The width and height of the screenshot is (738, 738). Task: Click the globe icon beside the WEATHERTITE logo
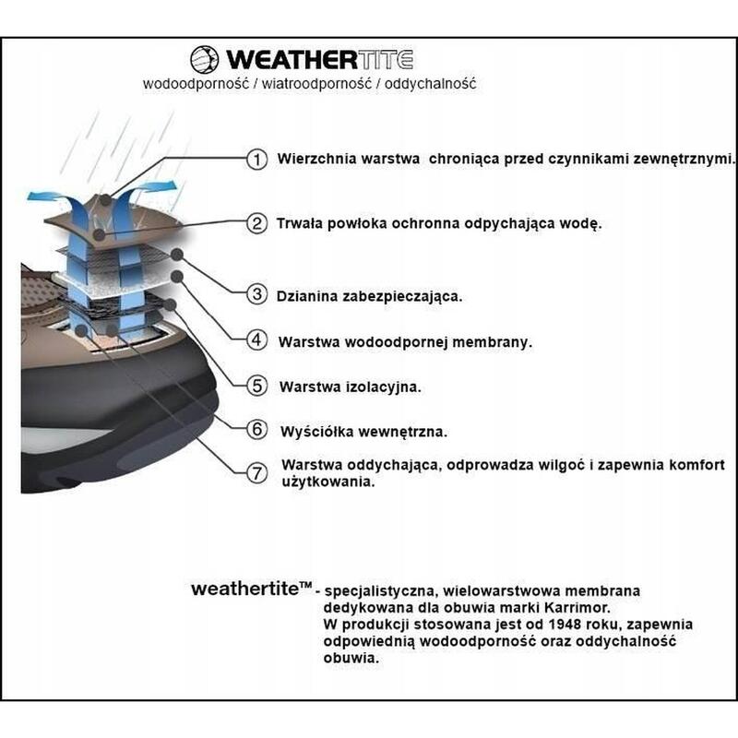[204, 60]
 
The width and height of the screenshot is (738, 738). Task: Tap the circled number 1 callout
[257, 159]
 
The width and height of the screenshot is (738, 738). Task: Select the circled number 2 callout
[257, 223]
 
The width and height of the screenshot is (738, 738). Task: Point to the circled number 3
[257, 294]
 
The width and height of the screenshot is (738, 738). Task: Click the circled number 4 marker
[257, 339]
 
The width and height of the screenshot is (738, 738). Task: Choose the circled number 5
[257, 386]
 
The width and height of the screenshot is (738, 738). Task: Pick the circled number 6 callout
[257, 429]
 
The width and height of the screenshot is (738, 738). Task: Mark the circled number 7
[257, 472]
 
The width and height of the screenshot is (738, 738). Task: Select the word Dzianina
[307, 296]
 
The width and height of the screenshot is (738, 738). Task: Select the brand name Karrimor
[577, 608]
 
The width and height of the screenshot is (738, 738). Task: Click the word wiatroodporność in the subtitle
[316, 84]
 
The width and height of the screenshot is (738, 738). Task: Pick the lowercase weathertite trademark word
[251, 589]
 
